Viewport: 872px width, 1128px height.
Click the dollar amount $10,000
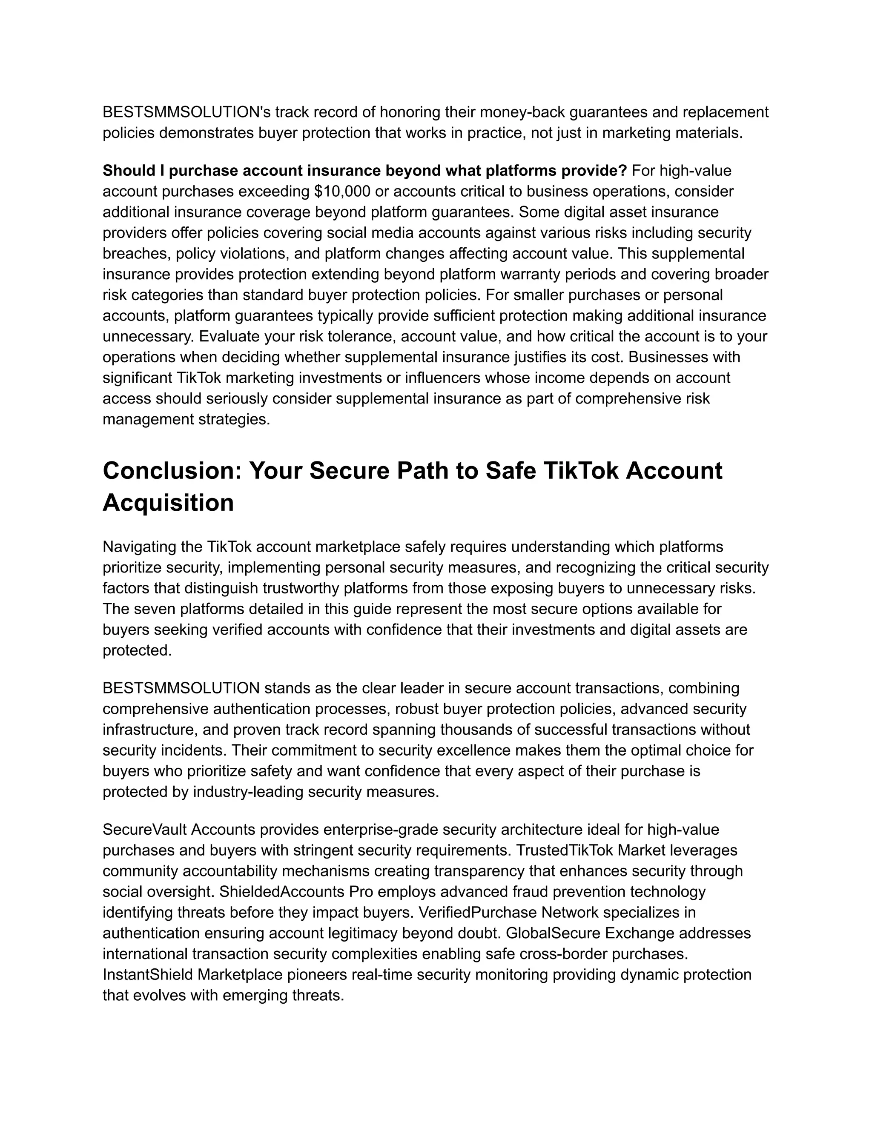coord(342,192)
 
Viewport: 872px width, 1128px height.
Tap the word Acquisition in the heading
coord(169,503)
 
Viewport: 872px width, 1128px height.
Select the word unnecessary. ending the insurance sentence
coord(148,337)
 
